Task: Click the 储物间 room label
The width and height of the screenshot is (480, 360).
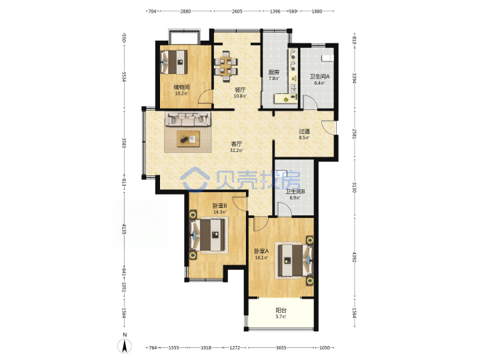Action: pyautogui.click(x=181, y=87)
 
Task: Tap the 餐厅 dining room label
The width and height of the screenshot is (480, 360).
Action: pyautogui.click(x=240, y=90)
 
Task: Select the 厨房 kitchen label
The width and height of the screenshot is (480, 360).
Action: pyautogui.click(x=274, y=72)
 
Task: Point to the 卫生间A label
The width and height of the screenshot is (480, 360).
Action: pyautogui.click(x=319, y=77)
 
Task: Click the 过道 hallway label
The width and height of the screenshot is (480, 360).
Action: pyautogui.click(x=304, y=131)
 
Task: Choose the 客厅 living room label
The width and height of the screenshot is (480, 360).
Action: pyautogui.click(x=236, y=144)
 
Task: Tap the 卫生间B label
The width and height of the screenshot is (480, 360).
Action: pyautogui.click(x=295, y=191)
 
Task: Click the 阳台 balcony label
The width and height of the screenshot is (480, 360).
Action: pyautogui.click(x=281, y=311)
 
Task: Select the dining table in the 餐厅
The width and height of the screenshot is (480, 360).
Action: pyautogui.click(x=226, y=66)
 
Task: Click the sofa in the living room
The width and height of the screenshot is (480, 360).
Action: pyautogui.click(x=188, y=119)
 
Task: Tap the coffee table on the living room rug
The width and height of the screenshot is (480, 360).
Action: pyautogui.click(x=188, y=139)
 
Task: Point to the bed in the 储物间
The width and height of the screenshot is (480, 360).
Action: pyautogui.click(x=173, y=62)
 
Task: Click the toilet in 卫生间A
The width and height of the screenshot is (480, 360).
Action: pyautogui.click(x=327, y=58)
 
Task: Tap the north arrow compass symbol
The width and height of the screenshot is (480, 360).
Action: pyautogui.click(x=125, y=346)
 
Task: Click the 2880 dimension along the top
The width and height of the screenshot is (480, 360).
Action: pyautogui.click(x=185, y=11)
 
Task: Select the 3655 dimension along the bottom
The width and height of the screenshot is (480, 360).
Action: pyautogui.click(x=281, y=347)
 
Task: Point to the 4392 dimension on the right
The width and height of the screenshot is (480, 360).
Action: pyautogui.click(x=354, y=257)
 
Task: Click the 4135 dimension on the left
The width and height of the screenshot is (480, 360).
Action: pyautogui.click(x=124, y=229)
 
